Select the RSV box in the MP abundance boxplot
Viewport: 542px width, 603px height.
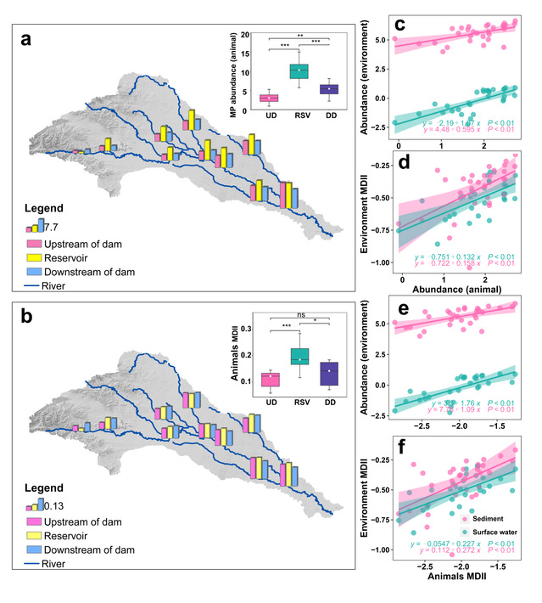tap(298, 70)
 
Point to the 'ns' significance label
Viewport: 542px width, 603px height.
tap(298, 314)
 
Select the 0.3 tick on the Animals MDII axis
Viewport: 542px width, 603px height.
tap(243, 328)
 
